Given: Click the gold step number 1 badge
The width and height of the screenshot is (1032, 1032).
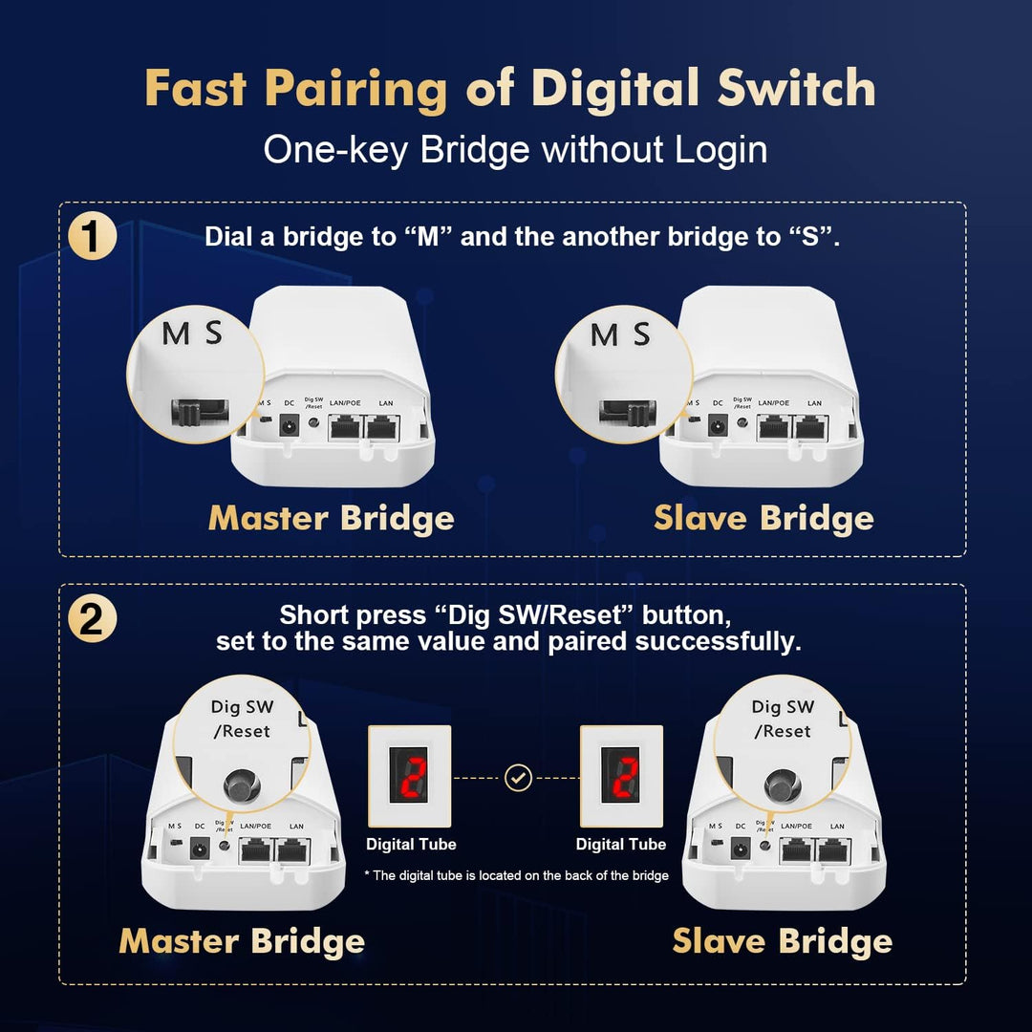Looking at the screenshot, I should (x=93, y=238).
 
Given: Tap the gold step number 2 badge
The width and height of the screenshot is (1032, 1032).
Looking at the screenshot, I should (x=93, y=621).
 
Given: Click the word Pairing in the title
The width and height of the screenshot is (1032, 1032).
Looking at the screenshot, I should (x=355, y=89).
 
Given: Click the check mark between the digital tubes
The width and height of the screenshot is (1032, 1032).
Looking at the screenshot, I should (x=518, y=778).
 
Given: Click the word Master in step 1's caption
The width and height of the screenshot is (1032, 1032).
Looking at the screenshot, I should (x=269, y=518).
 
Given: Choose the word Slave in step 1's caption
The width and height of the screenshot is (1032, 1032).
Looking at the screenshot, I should (x=699, y=518).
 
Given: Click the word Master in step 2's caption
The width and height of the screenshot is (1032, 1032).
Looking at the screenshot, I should (x=179, y=941).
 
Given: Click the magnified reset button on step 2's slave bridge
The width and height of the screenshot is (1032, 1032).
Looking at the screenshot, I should (x=783, y=785).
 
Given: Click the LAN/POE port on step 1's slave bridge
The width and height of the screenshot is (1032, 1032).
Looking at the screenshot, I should (x=772, y=427).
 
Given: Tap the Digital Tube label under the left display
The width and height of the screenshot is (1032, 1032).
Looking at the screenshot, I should (x=411, y=845).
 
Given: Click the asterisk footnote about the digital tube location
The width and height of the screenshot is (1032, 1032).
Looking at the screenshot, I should (x=516, y=875).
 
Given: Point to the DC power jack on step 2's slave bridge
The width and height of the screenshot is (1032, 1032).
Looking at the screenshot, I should (x=740, y=848).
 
